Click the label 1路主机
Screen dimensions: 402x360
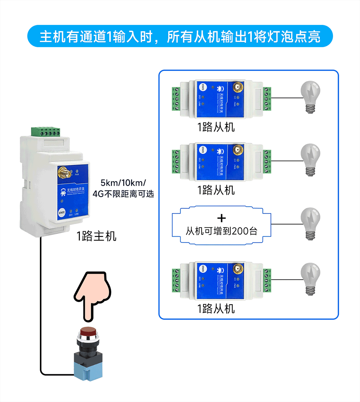96,236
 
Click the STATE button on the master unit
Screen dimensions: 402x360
62,213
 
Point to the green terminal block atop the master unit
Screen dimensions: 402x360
45,131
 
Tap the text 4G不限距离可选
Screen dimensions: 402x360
123,194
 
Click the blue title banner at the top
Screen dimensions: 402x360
180,36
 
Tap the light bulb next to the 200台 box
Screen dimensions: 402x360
310,224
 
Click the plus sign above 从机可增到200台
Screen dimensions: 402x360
222,218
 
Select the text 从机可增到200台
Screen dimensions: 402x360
222,231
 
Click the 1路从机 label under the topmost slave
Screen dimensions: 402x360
216,127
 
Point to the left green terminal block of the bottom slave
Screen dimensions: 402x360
176,280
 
